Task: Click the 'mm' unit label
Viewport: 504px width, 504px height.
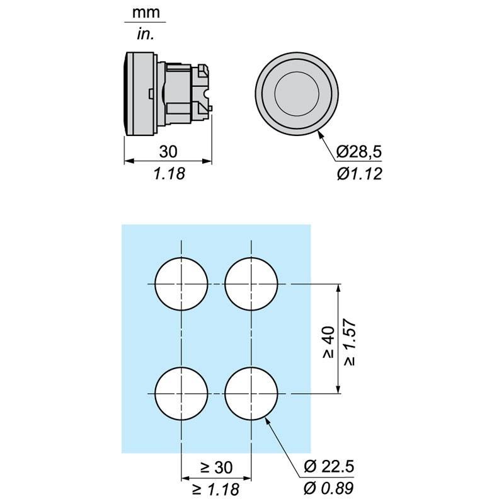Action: pos(146,13)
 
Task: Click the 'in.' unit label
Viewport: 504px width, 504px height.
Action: pos(146,34)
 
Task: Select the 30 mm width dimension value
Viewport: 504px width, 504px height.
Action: pos(168,152)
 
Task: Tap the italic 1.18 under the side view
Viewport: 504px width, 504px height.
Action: pos(169,174)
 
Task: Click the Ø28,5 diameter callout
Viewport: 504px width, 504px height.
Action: pos(359,152)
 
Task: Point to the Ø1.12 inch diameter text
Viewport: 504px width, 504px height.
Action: pos(359,174)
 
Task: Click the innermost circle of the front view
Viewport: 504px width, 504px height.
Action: pos(297,93)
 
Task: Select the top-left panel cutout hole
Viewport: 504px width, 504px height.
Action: pos(181,284)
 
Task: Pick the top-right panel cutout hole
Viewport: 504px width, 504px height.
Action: pos(251,284)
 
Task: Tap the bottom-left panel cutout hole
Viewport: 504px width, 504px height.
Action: pos(181,393)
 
